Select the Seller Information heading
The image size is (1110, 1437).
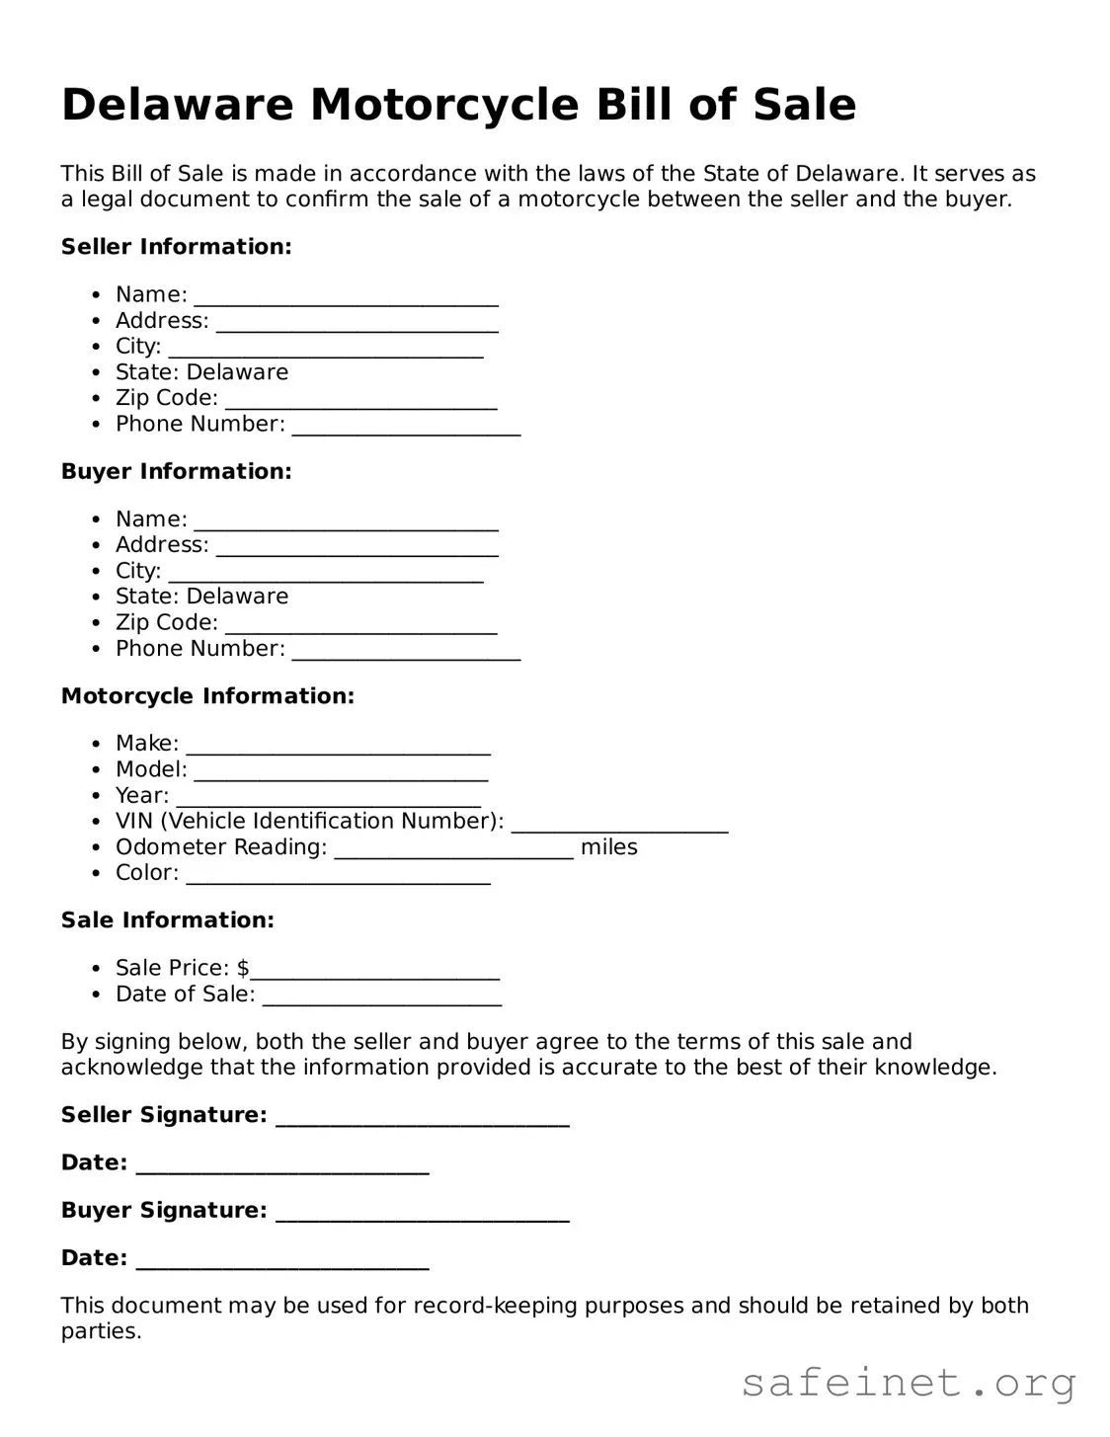[176, 247]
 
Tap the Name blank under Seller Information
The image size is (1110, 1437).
[346, 297]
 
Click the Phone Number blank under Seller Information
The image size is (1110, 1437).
[406, 427]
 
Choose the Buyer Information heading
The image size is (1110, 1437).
[176, 472]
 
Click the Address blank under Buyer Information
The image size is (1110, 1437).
[357, 547]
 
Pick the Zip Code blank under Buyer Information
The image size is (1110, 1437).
[360, 625]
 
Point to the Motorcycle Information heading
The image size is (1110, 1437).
[207, 696]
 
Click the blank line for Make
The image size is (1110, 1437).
[338, 746]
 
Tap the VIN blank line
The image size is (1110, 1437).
[619, 824]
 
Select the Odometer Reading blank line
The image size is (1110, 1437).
[453, 849]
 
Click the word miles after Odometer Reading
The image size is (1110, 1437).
[608, 847]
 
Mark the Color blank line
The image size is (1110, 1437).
[338, 875]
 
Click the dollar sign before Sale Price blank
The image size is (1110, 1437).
[243, 968]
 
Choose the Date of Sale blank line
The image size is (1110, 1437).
[381, 997]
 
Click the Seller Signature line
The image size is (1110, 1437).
[422, 1117]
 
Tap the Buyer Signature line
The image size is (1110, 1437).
[422, 1213]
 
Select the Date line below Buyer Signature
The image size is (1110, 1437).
[281, 1260]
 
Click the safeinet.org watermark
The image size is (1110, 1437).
[909, 1383]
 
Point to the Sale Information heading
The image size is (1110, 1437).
[167, 920]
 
